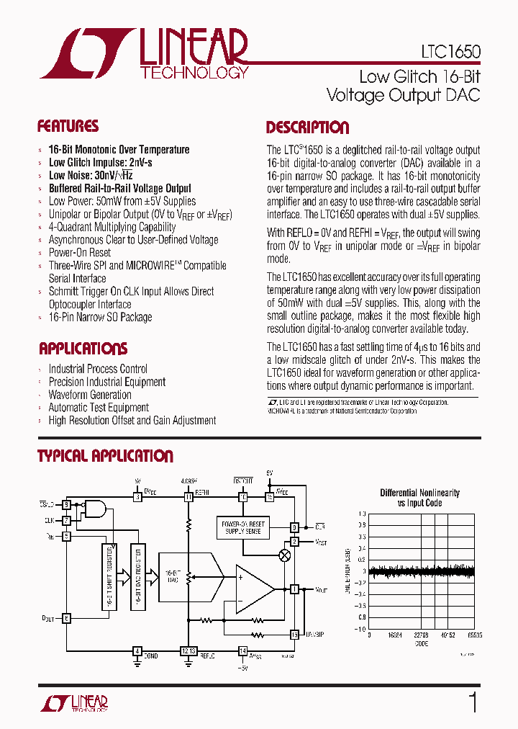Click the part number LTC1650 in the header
point(450,53)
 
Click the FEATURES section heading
point(68,127)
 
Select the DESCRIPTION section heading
point(307,128)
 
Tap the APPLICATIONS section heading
point(83,349)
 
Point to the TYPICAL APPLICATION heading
point(105,456)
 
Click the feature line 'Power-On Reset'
point(80,253)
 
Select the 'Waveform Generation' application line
point(90,395)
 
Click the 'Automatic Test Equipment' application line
point(99,408)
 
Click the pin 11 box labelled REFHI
point(188,497)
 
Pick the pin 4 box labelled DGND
point(137,650)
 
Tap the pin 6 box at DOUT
point(66,617)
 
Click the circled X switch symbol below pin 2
point(285,555)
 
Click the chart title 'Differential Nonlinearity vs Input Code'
point(419,498)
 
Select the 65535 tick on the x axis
point(474,635)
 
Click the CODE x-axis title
point(421,643)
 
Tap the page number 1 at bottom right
point(473,702)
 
